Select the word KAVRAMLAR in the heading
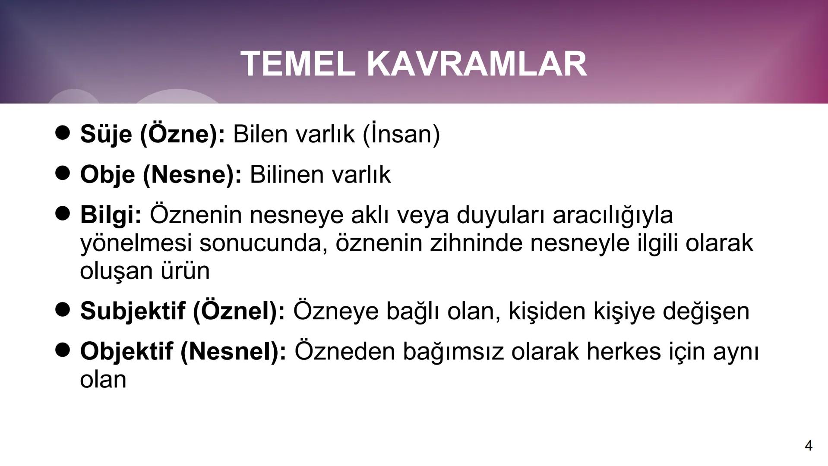click(477, 64)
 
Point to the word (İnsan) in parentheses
click(401, 134)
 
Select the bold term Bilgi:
click(111, 215)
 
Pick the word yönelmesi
click(136, 243)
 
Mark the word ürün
click(185, 271)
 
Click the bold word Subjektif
click(133, 311)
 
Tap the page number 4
click(809, 445)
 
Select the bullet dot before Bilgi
click(63, 213)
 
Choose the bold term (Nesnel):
click(233, 351)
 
